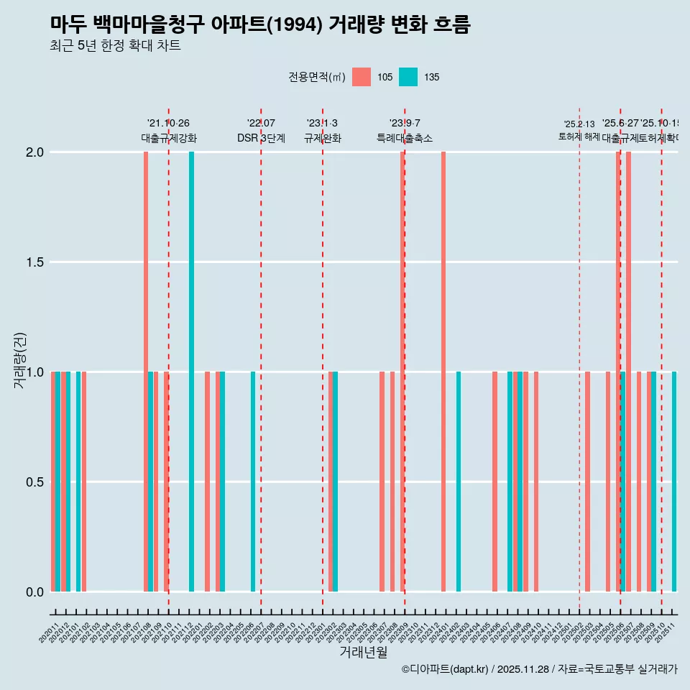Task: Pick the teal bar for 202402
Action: click(459, 482)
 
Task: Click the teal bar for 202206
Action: click(253, 482)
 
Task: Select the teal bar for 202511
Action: click(674, 482)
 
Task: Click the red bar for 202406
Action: click(494, 482)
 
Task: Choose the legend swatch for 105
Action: click(362, 77)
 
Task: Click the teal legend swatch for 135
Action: click(408, 77)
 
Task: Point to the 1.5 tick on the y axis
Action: click(34, 262)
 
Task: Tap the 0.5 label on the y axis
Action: click(34, 482)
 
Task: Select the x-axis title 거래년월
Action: click(363, 652)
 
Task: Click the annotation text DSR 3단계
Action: click(261, 138)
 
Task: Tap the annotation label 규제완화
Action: click(322, 138)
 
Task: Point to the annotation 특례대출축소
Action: click(405, 138)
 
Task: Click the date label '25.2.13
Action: click(579, 124)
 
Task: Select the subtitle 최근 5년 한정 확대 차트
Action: click(115, 46)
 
